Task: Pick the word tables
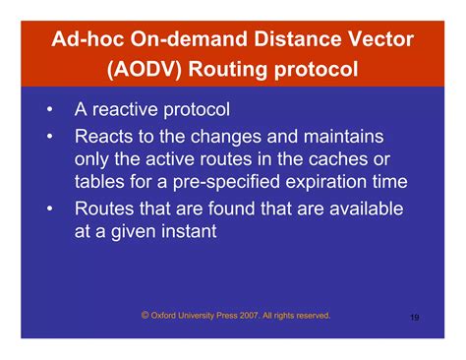click(101, 183)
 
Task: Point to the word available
click(364, 209)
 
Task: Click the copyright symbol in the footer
click(145, 316)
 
